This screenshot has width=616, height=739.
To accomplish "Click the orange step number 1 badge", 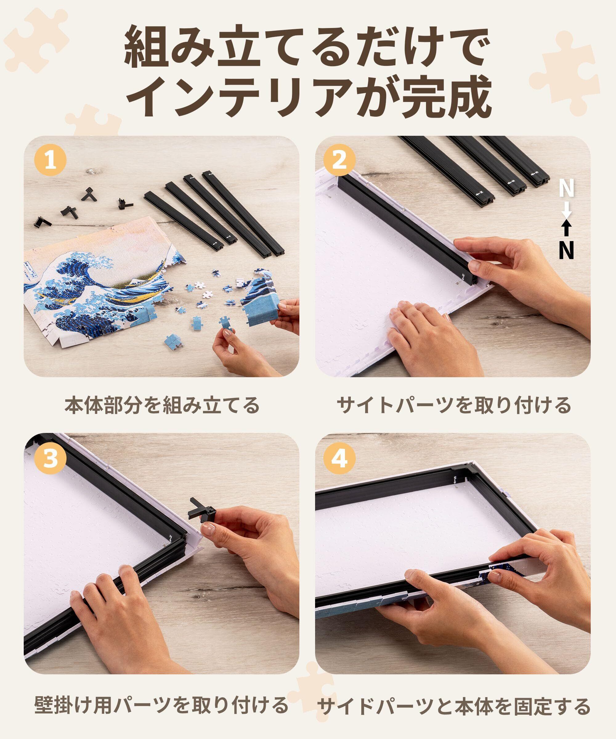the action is click(x=50, y=162).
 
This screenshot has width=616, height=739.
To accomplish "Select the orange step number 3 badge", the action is click(x=50, y=459).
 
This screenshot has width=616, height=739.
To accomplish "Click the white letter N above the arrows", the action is click(x=566, y=189).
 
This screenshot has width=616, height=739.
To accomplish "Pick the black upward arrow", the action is click(x=566, y=229).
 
